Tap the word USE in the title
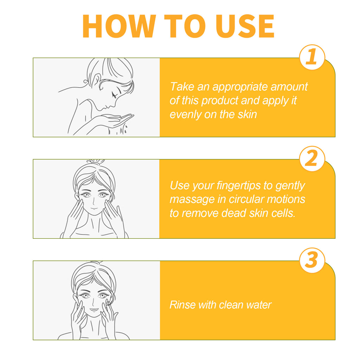[245, 26]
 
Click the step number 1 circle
[312, 57]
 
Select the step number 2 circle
[312, 159]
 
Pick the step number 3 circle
[312, 261]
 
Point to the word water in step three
[258, 305]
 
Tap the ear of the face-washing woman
[96, 81]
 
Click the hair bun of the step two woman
[96, 161]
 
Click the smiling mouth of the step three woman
[94, 310]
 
